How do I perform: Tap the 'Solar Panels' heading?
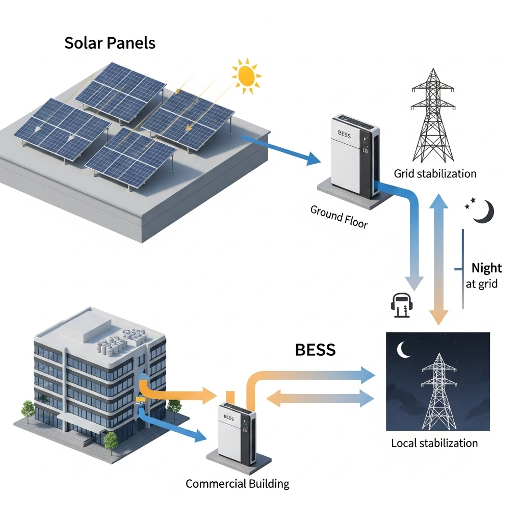110,43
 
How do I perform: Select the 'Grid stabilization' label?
435,174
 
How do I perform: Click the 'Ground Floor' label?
339,217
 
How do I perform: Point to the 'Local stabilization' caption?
434,443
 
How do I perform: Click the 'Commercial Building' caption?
237,483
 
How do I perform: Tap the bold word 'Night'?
486,268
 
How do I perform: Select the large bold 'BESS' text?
315,350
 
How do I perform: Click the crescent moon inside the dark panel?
404,349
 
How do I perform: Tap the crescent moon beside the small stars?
483,212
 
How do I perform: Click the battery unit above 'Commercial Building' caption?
237,433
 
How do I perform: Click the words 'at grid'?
481,284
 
